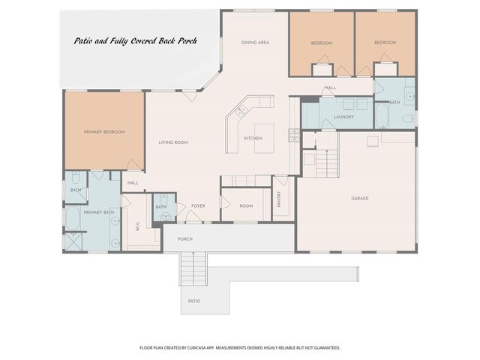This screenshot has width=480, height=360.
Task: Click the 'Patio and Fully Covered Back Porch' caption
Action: (135, 41)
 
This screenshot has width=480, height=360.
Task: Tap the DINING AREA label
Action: (255, 43)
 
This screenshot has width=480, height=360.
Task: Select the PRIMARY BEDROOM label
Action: (104, 132)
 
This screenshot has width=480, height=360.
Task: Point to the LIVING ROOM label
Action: (172, 142)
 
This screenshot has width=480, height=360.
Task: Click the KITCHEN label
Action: (253, 139)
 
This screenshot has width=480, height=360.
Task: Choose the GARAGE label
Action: (360, 199)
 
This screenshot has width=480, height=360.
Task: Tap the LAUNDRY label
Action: (343, 117)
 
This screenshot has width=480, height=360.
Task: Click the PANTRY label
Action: (279, 199)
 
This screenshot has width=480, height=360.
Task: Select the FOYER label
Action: (198, 205)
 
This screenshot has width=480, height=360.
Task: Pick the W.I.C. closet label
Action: (138, 225)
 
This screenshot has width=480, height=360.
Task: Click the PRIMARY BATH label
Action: (98, 212)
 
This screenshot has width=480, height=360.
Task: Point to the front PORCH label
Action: (185, 239)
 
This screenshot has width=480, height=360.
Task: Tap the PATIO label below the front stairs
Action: (194, 301)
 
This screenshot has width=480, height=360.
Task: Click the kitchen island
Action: (264, 138)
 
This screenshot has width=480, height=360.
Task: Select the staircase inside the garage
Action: (326, 162)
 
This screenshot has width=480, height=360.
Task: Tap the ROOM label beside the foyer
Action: (246, 205)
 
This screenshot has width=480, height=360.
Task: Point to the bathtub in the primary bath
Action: (73, 219)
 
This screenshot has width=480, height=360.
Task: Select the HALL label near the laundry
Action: (330, 88)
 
